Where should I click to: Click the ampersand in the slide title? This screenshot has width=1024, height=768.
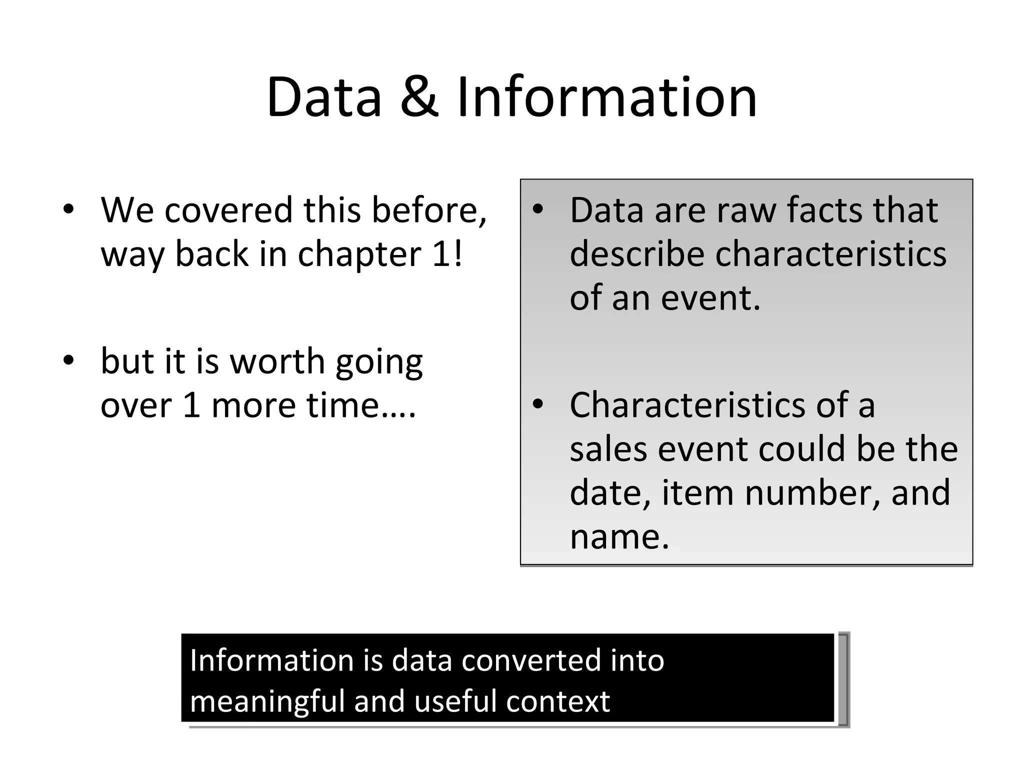[419, 97]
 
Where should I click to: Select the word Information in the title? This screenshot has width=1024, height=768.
[606, 97]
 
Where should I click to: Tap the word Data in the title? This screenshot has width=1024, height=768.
[324, 97]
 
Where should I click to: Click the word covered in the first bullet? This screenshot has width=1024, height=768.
[228, 210]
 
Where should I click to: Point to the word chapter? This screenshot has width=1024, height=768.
[359, 254]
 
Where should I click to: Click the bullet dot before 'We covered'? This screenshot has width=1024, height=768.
[68, 209]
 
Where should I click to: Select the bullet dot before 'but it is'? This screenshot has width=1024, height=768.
[68, 360]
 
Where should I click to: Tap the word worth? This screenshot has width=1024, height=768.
[277, 361]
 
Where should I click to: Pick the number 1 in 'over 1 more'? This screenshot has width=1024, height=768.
[191, 405]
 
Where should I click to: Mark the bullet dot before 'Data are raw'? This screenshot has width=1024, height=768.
[537, 209]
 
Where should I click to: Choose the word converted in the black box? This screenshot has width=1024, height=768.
[530, 660]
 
